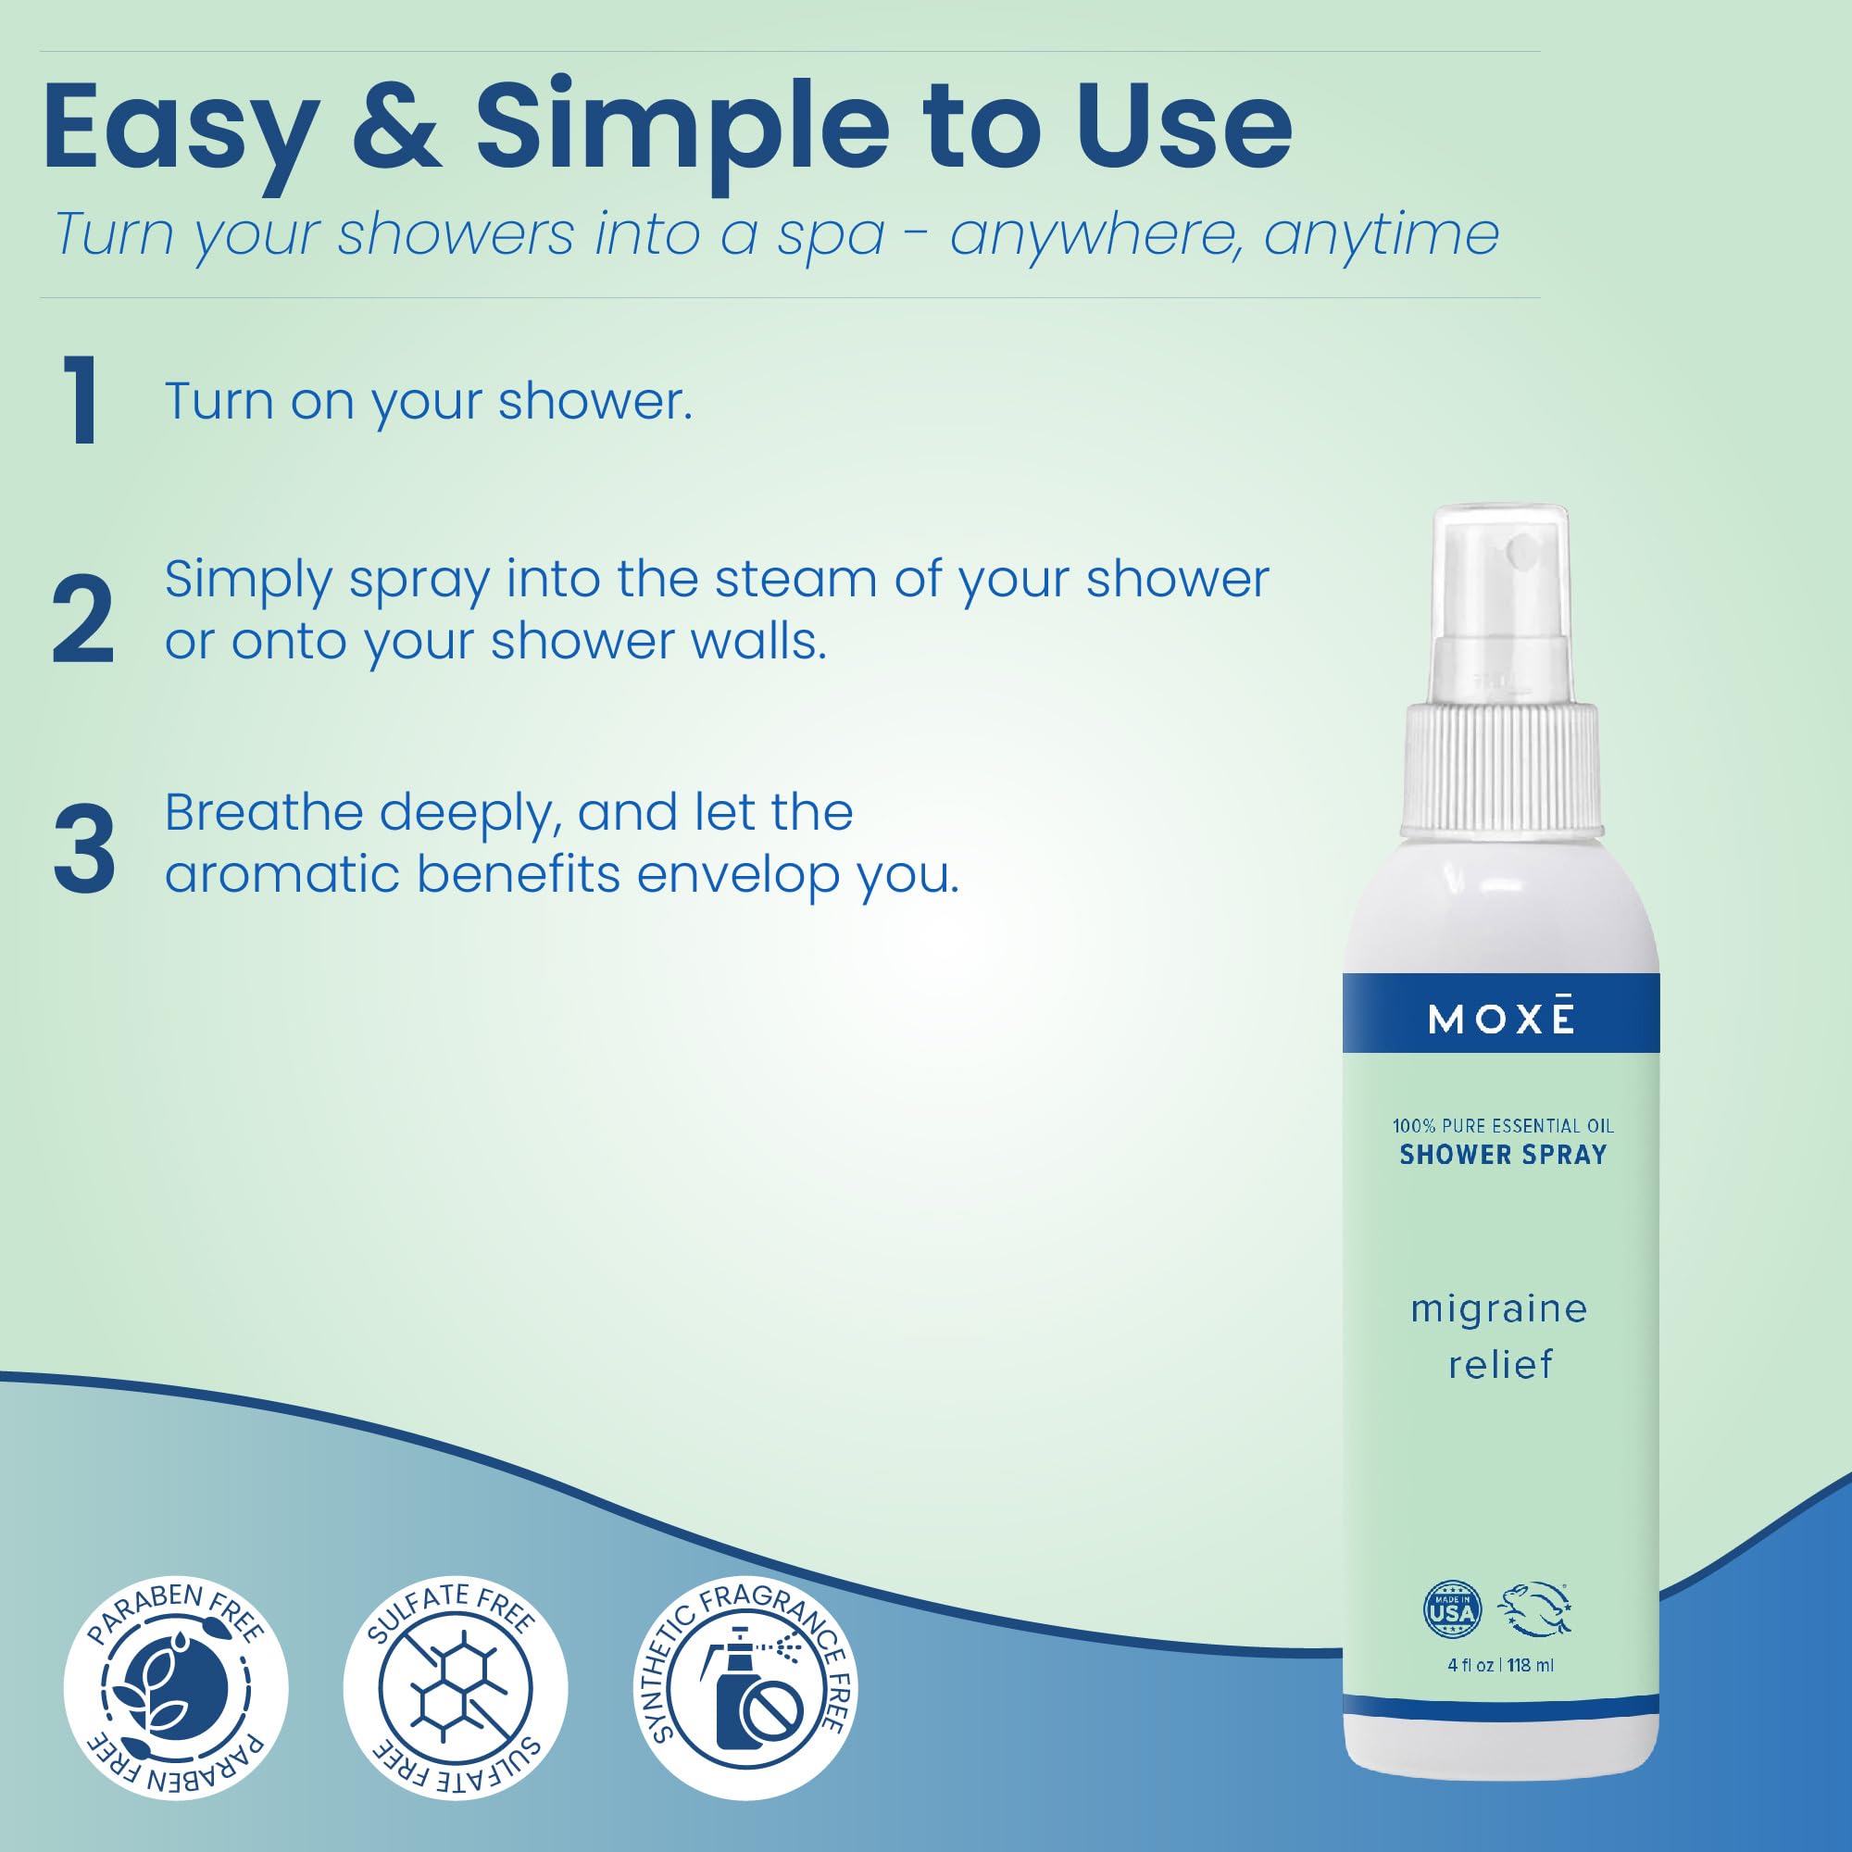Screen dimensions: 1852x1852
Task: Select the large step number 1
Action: (x=81, y=400)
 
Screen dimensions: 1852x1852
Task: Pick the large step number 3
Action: (x=84, y=849)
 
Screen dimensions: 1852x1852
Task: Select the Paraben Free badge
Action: (x=175, y=1687)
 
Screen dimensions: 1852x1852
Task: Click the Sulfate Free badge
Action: (x=456, y=1687)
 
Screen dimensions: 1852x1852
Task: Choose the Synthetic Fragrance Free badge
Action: (x=746, y=1687)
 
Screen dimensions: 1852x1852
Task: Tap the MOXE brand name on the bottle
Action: (x=1501, y=1019)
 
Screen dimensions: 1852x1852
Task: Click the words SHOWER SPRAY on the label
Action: (x=1502, y=1155)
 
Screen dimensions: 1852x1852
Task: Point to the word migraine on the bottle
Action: (x=1499, y=1309)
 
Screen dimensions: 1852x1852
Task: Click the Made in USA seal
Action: (x=1452, y=1609)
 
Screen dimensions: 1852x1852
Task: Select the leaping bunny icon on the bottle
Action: (x=1535, y=1608)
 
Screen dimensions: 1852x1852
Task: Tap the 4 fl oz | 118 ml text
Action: (x=1500, y=1665)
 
